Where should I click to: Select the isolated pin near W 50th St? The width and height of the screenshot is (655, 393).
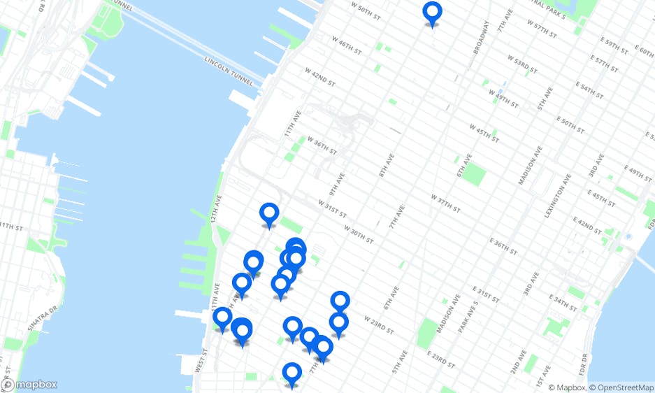(433, 13)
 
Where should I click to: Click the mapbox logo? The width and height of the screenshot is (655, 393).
(29, 385)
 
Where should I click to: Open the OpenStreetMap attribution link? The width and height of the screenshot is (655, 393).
(621, 387)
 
